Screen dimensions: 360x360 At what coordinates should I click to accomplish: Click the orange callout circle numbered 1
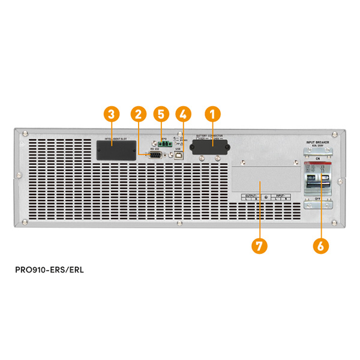(211, 113)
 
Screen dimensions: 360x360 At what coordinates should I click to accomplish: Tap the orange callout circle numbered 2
(139, 113)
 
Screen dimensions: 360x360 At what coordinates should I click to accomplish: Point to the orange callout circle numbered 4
(184, 113)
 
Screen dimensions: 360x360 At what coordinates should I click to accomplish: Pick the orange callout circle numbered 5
(160, 113)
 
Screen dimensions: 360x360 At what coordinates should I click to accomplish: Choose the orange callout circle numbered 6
(321, 245)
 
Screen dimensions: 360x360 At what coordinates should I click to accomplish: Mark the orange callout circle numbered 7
(259, 245)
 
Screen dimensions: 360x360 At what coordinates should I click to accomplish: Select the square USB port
(178, 155)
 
